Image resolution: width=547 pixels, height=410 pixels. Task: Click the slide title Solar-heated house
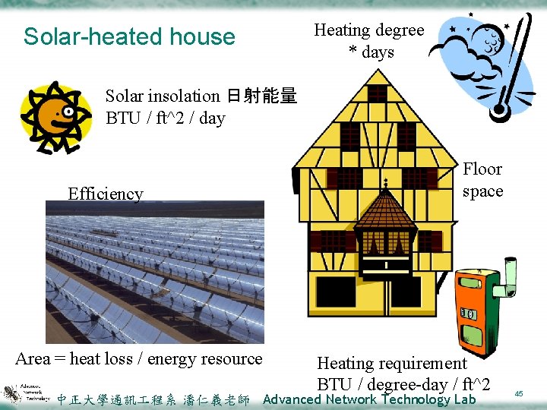[129, 36]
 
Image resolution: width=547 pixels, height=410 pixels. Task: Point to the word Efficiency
[105, 194]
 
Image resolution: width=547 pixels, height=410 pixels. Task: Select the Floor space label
[482, 180]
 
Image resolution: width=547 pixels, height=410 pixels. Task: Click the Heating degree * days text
[369, 41]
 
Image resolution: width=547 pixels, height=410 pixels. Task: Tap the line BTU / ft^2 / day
[165, 118]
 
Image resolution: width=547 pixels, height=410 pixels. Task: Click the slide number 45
[520, 393]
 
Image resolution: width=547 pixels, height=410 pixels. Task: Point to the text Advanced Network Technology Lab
[369, 399]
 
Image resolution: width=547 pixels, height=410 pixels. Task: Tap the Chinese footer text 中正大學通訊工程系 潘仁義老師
[153, 400]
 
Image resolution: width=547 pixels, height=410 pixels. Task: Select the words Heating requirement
[391, 364]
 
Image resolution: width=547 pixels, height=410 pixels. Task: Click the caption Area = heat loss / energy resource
[139, 359]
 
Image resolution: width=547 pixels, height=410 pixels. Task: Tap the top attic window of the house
[378, 93]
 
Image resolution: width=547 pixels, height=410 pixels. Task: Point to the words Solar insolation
[162, 96]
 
